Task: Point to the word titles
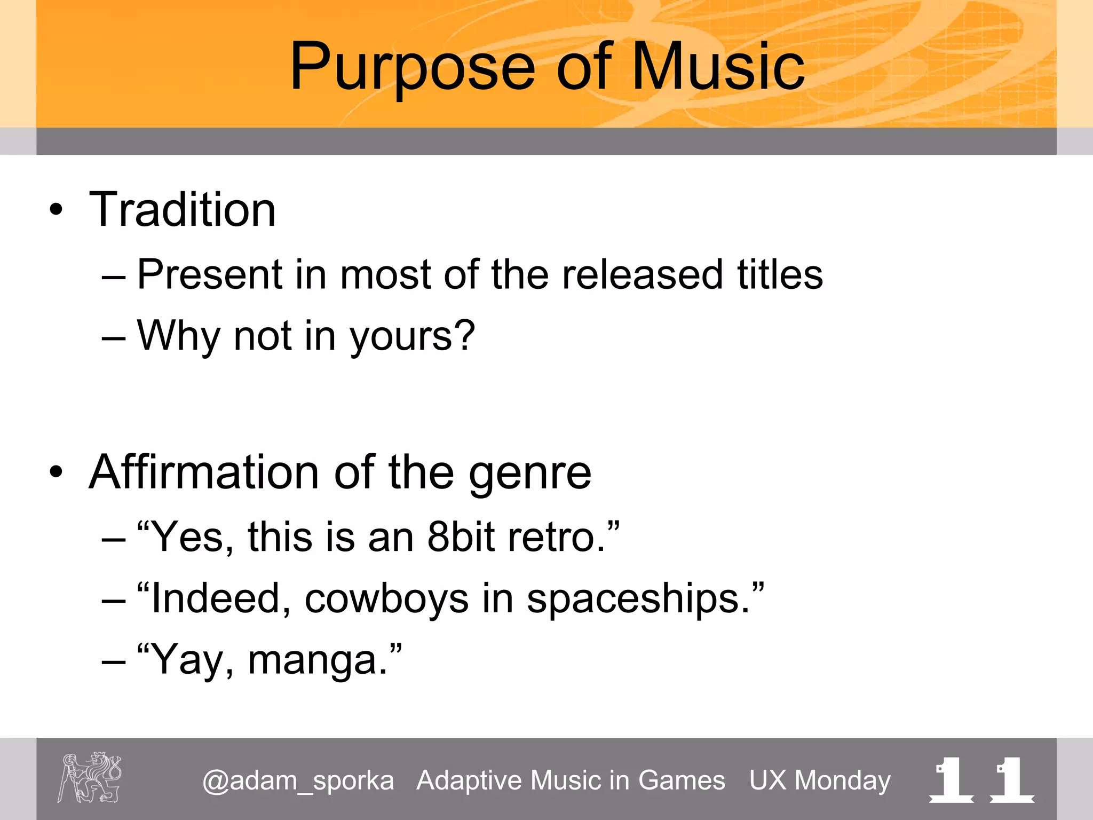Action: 780,274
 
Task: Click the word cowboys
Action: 386,599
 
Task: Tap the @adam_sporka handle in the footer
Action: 298,781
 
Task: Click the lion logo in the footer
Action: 90,777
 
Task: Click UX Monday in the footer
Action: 820,780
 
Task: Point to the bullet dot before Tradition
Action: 56,210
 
